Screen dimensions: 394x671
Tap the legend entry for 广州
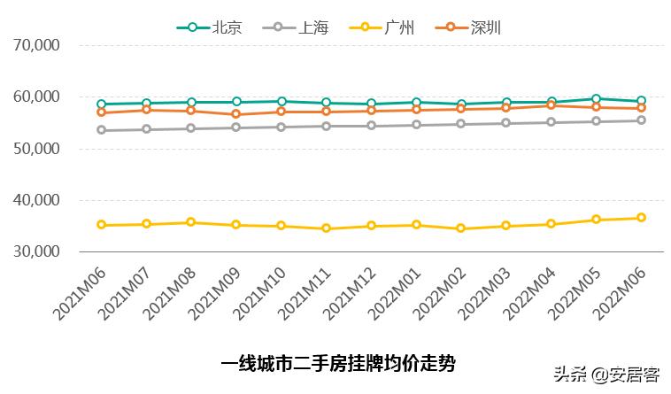click(x=383, y=27)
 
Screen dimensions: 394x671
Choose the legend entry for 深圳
click(x=470, y=27)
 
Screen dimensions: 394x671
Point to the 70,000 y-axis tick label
click(x=36, y=45)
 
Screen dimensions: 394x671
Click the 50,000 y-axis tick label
click(x=36, y=149)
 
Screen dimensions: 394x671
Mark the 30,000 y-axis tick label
click(x=36, y=252)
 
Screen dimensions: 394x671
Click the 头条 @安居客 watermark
click(x=606, y=375)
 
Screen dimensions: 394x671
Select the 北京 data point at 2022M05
click(x=596, y=99)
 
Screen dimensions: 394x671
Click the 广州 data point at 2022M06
click(x=641, y=218)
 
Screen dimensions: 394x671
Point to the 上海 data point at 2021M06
click(x=102, y=130)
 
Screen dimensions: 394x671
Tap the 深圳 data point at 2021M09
click(x=236, y=114)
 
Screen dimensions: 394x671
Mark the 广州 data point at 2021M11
click(x=327, y=228)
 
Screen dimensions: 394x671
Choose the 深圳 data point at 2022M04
click(x=551, y=105)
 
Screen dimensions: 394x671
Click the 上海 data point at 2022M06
click(x=641, y=120)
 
